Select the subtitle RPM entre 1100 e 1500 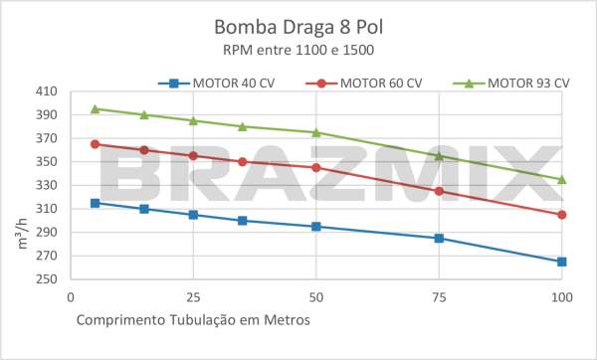pyautogui.click(x=298, y=48)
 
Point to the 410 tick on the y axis pyautogui.click(x=46, y=91)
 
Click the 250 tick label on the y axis pyautogui.click(x=46, y=279)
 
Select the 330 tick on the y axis pyautogui.click(x=46, y=185)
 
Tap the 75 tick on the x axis pyautogui.click(x=439, y=297)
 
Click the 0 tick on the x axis pyautogui.click(x=70, y=297)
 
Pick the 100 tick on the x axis pyautogui.click(x=561, y=297)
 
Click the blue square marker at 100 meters pyautogui.click(x=562, y=262)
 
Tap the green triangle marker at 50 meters pyautogui.click(x=316, y=132)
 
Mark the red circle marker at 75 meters pyautogui.click(x=439, y=191)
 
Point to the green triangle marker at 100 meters pyautogui.click(x=562, y=179)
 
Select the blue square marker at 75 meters pyautogui.click(x=439, y=239)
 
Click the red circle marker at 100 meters pyautogui.click(x=562, y=215)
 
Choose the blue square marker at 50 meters pyautogui.click(x=316, y=227)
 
